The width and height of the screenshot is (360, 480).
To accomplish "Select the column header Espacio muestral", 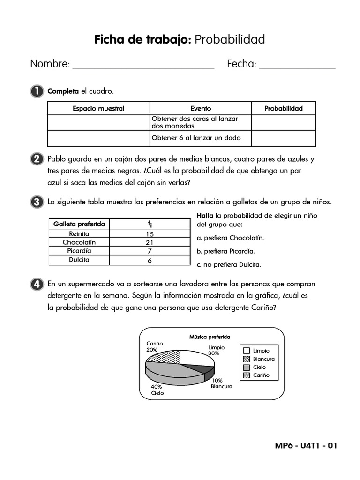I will point(98,108).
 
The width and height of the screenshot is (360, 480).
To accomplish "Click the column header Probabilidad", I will point(283,108).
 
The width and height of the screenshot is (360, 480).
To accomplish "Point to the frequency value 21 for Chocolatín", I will point(150,242).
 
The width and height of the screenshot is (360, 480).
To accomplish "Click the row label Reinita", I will point(79,233).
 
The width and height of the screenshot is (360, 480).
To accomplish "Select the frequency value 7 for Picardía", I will point(150,251).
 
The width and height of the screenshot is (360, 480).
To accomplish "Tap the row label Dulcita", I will point(79,260).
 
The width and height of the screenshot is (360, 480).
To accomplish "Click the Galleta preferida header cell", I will point(79,224).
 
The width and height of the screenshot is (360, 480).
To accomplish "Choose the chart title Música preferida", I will point(210,337).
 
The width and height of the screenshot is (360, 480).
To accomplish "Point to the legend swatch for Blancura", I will point(247,359).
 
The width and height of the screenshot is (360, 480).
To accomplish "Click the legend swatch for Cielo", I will point(247,367).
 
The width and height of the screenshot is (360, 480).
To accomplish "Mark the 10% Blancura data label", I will point(220,383).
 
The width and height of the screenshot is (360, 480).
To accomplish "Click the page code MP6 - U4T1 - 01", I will point(306,445).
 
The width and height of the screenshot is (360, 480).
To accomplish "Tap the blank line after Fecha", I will point(297,66).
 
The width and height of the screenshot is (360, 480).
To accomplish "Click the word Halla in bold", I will point(205,215).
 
